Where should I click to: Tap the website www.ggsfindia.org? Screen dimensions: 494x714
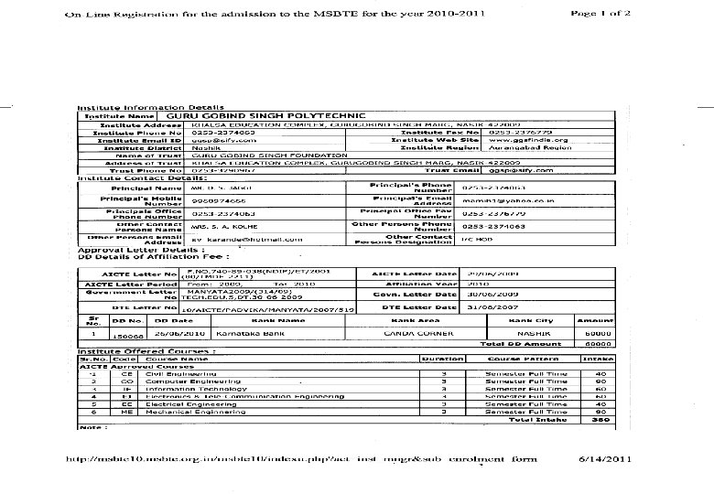(x=529, y=140)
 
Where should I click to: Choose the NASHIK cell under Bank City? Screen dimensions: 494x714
(x=529, y=335)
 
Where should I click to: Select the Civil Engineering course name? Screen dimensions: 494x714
(x=171, y=373)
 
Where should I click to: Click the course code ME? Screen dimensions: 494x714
(x=126, y=411)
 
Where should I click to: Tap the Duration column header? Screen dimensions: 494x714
(x=441, y=359)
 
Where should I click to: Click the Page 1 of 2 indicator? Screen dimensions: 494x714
(x=600, y=14)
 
